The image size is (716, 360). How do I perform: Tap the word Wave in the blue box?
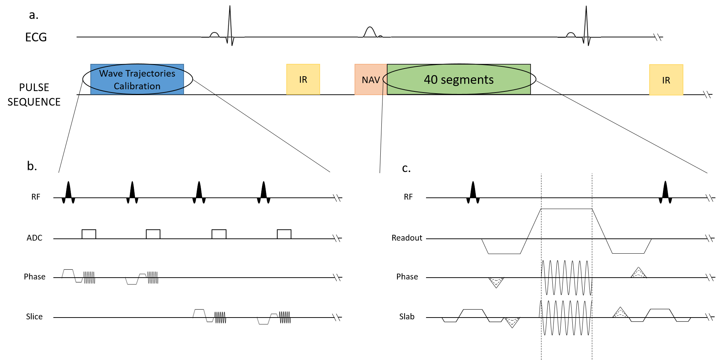tap(111, 74)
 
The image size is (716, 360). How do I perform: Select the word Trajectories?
tap(150, 74)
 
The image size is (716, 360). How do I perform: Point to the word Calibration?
tap(137, 86)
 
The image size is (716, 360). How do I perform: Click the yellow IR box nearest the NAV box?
tap(303, 79)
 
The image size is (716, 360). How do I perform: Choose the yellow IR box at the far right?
tap(666, 80)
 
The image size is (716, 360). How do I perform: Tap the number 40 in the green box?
tap(431, 79)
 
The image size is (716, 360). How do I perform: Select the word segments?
tap(467, 80)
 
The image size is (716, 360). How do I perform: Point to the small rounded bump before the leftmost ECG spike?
tap(214, 34)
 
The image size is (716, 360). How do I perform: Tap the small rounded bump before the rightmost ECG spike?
tap(570, 34)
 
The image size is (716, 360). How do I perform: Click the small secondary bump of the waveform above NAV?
tap(380, 36)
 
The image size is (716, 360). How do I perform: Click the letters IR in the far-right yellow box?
tap(666, 81)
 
